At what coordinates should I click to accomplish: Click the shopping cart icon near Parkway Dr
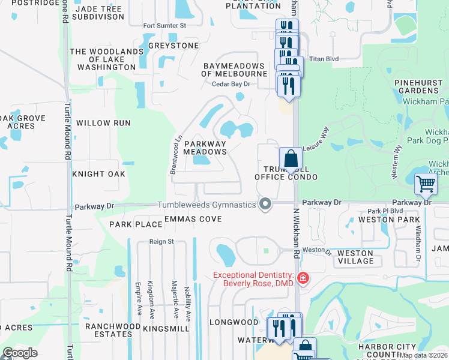point(426,184)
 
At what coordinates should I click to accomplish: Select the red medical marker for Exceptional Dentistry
point(303,278)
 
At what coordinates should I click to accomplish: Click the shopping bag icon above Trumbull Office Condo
point(291,160)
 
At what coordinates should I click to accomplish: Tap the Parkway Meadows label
point(205,148)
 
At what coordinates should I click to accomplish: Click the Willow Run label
point(104,123)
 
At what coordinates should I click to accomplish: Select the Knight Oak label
point(98,174)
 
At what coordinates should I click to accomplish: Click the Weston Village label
point(355,257)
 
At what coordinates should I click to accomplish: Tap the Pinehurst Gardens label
point(418,86)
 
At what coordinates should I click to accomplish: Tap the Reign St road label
point(161,242)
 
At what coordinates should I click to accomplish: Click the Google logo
point(20,353)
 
